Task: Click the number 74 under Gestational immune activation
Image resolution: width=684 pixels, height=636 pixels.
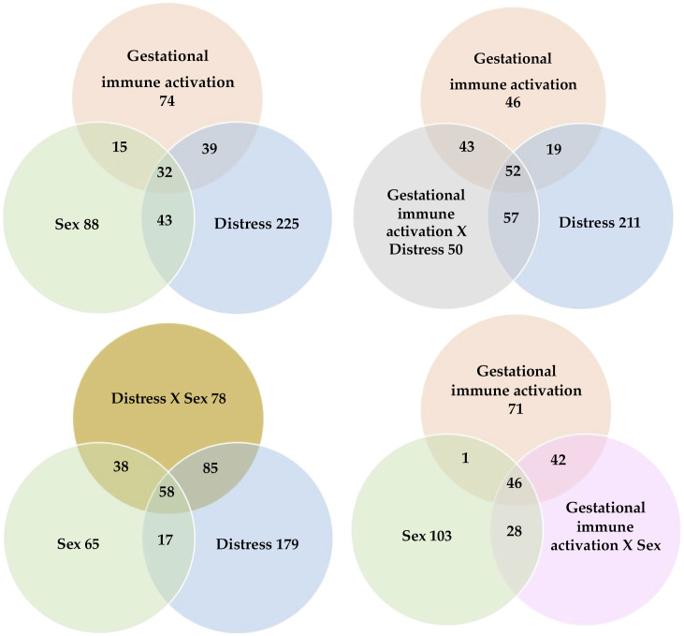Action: (167, 101)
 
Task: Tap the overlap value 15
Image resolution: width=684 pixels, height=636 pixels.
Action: (120, 147)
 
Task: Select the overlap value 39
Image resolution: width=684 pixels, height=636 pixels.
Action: (210, 149)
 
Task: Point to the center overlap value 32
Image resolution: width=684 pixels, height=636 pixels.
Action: (165, 172)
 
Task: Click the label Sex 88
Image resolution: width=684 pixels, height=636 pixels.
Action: (78, 224)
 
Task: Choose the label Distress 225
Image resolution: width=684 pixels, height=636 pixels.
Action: (256, 224)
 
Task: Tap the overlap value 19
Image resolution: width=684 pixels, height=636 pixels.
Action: (554, 150)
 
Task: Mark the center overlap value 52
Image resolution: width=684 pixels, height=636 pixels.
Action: (513, 170)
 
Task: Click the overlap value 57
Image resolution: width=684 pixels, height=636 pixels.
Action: (511, 217)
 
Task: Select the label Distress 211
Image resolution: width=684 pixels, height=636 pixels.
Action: (600, 223)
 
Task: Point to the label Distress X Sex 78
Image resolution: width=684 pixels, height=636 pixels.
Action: (168, 398)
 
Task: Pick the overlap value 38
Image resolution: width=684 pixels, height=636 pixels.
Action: (121, 466)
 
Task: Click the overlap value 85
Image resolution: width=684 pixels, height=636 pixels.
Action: (211, 468)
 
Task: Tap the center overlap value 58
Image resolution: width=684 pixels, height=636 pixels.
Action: (167, 493)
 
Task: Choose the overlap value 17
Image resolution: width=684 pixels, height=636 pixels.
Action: (165, 540)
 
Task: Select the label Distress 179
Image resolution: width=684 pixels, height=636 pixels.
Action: (257, 544)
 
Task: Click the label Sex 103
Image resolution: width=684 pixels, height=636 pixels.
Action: (427, 536)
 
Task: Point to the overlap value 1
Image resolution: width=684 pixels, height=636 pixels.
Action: (465, 458)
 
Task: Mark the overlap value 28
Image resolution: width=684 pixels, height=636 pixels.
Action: (515, 531)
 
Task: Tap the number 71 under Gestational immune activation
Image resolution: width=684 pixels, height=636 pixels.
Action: (516, 409)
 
